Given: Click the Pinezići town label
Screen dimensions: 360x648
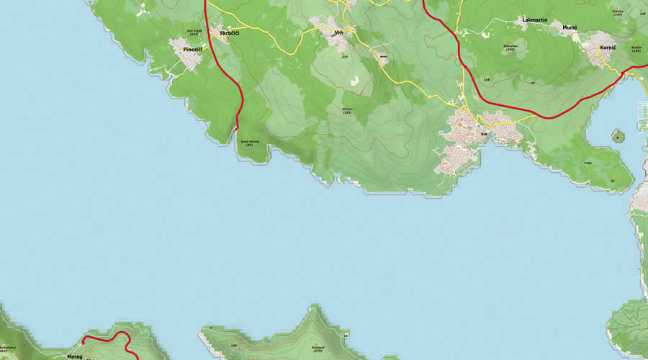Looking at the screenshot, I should (192, 49).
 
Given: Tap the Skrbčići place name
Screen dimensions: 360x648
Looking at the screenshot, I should (229, 33).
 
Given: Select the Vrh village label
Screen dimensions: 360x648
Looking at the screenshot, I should (338, 32).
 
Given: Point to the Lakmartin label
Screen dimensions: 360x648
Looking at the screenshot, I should (535, 19).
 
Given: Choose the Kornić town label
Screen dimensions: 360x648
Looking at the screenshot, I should (608, 47).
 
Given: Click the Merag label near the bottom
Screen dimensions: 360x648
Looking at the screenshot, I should (74, 356).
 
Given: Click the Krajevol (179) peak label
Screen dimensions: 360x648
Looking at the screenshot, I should (318, 349).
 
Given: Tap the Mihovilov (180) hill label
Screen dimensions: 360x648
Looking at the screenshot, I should (510, 48).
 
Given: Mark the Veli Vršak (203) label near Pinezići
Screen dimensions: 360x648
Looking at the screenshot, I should (194, 32).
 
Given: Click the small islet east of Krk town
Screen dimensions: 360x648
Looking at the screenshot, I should (617, 135).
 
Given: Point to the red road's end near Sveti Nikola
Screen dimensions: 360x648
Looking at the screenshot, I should (236, 129).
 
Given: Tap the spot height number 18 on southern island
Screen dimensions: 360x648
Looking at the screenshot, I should (346, 336).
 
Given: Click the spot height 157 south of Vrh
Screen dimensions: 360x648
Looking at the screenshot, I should (345, 57).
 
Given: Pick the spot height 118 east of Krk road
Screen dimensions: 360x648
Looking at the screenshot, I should (487, 79).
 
